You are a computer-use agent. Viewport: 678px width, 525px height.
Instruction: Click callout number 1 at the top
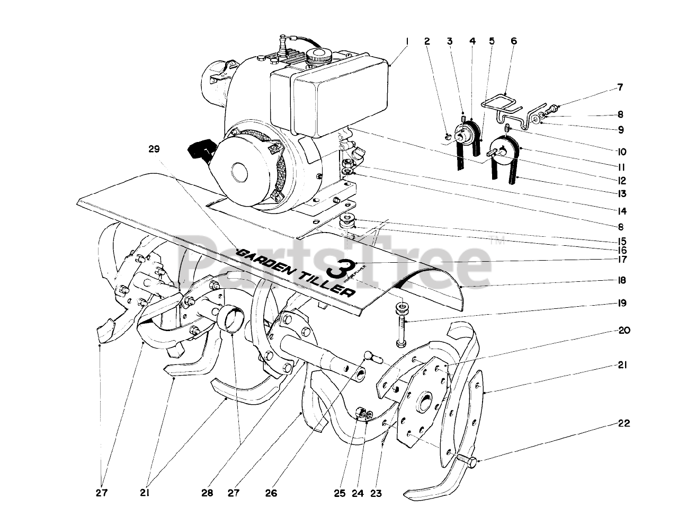tap(407, 41)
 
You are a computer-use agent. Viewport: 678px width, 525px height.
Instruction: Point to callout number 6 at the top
tap(513, 41)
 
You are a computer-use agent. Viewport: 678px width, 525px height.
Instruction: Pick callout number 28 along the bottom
tap(207, 493)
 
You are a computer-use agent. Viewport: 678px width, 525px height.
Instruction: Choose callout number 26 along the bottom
tap(271, 493)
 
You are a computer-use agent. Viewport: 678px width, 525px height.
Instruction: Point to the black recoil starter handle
tap(198, 152)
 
